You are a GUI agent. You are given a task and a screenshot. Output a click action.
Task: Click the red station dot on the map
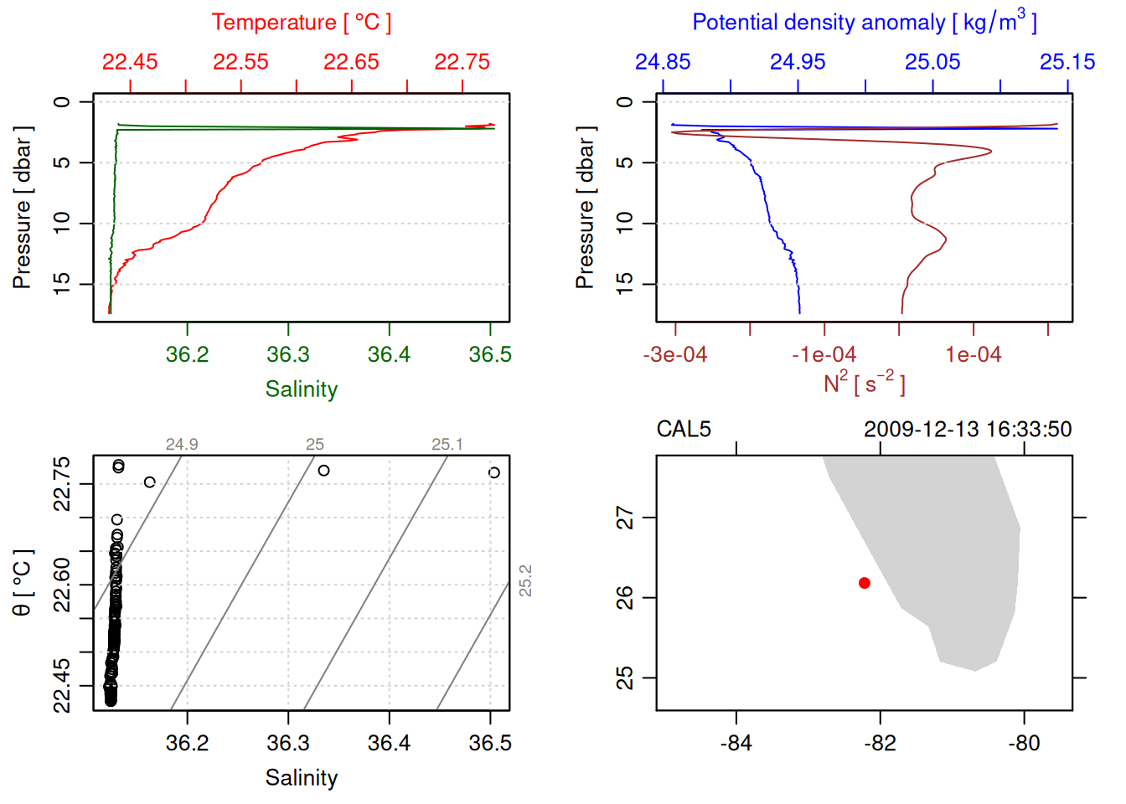pyautogui.click(x=864, y=583)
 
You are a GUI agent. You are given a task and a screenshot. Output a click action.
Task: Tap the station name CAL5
pyautogui.click(x=684, y=430)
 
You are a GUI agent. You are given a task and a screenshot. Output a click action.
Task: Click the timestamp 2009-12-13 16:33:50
pyautogui.click(x=968, y=430)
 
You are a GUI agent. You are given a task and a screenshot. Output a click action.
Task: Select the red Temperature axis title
pyautogui.click(x=301, y=23)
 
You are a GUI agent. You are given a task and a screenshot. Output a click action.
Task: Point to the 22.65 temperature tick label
pyautogui.click(x=351, y=62)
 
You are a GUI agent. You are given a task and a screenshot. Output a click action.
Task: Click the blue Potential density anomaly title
pyautogui.click(x=864, y=23)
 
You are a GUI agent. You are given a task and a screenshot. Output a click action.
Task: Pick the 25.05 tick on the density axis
pyautogui.click(x=932, y=62)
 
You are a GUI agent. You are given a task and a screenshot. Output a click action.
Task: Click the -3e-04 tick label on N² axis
pyautogui.click(x=675, y=355)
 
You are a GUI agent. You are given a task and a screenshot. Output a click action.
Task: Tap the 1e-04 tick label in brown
pyautogui.click(x=973, y=355)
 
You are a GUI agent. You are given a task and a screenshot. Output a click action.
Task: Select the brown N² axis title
pyautogui.click(x=864, y=384)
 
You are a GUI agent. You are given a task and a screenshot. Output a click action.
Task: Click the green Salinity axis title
pyautogui.click(x=301, y=389)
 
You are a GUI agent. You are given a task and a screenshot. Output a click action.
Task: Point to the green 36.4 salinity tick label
pyautogui.click(x=389, y=355)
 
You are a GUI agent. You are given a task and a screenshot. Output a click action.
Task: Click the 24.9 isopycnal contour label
pyautogui.click(x=182, y=445)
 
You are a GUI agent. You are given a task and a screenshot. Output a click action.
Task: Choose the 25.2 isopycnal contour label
pyautogui.click(x=525, y=580)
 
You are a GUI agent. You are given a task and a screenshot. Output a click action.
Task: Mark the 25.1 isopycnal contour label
pyautogui.click(x=447, y=445)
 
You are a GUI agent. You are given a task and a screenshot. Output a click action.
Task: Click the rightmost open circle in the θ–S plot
pyautogui.click(x=494, y=472)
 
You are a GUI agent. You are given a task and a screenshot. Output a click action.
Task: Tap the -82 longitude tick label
pyautogui.click(x=880, y=743)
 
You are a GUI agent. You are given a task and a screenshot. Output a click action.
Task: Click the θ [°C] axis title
pyautogui.click(x=23, y=583)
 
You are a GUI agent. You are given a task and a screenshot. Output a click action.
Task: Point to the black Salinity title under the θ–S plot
pyautogui.click(x=301, y=778)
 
